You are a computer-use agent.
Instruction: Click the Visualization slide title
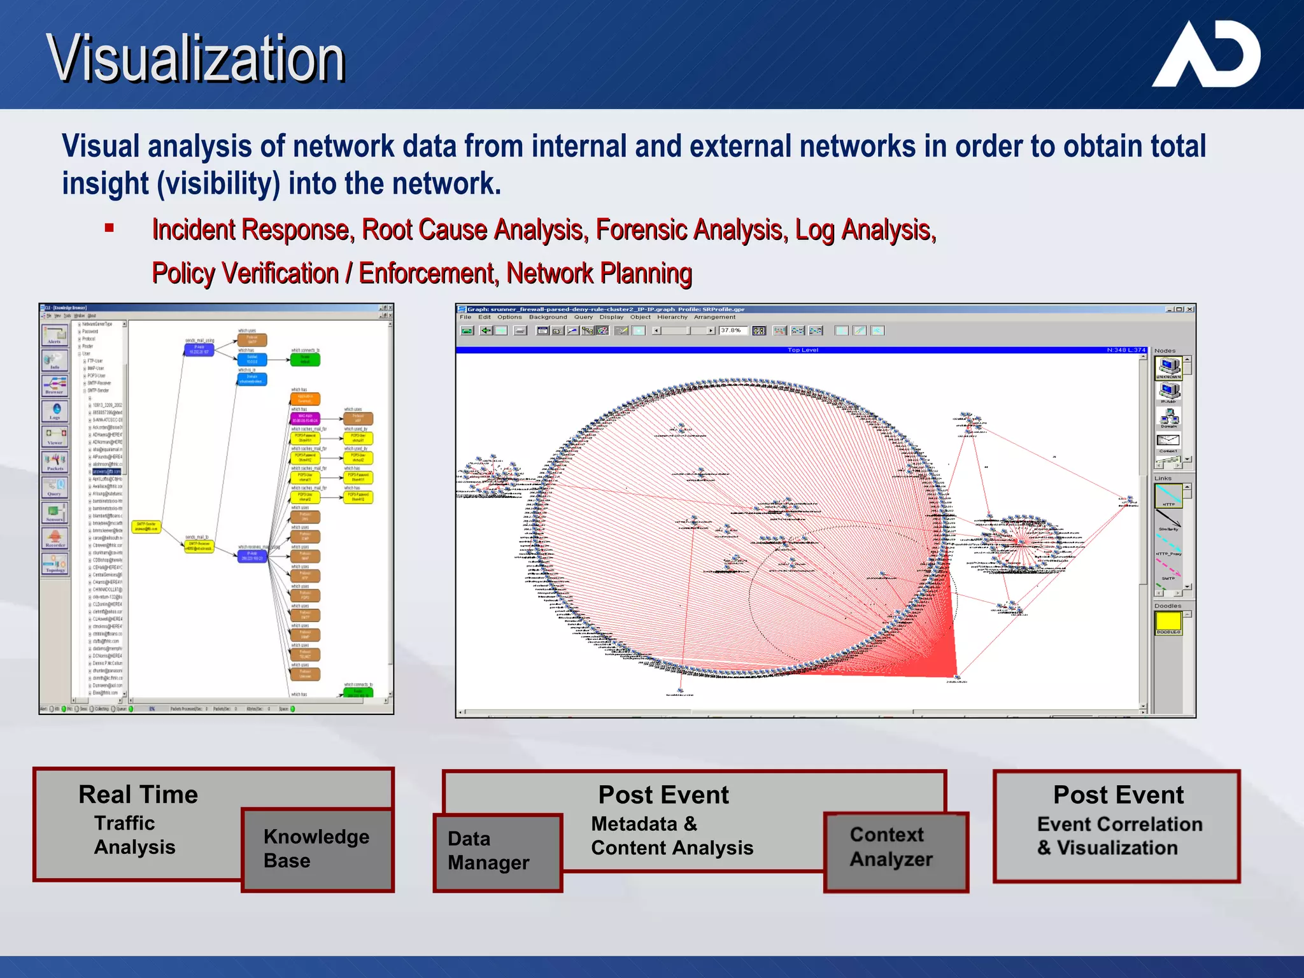195,59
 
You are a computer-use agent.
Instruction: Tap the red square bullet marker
110,228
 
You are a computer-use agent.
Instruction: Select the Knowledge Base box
316,849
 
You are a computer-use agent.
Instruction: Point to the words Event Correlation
1119,824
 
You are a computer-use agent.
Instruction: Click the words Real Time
138,795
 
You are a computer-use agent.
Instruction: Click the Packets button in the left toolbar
55,461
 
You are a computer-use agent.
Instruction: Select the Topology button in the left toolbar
55,563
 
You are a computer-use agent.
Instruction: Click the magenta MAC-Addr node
305,418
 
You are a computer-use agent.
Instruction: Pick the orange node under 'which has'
305,399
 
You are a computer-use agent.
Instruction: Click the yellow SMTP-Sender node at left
146,527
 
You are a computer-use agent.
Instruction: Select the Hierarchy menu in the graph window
672,317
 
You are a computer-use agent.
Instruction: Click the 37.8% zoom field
732,330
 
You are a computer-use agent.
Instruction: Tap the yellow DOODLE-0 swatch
1168,621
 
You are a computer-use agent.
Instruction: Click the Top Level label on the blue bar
802,350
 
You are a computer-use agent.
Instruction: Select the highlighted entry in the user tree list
106,471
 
